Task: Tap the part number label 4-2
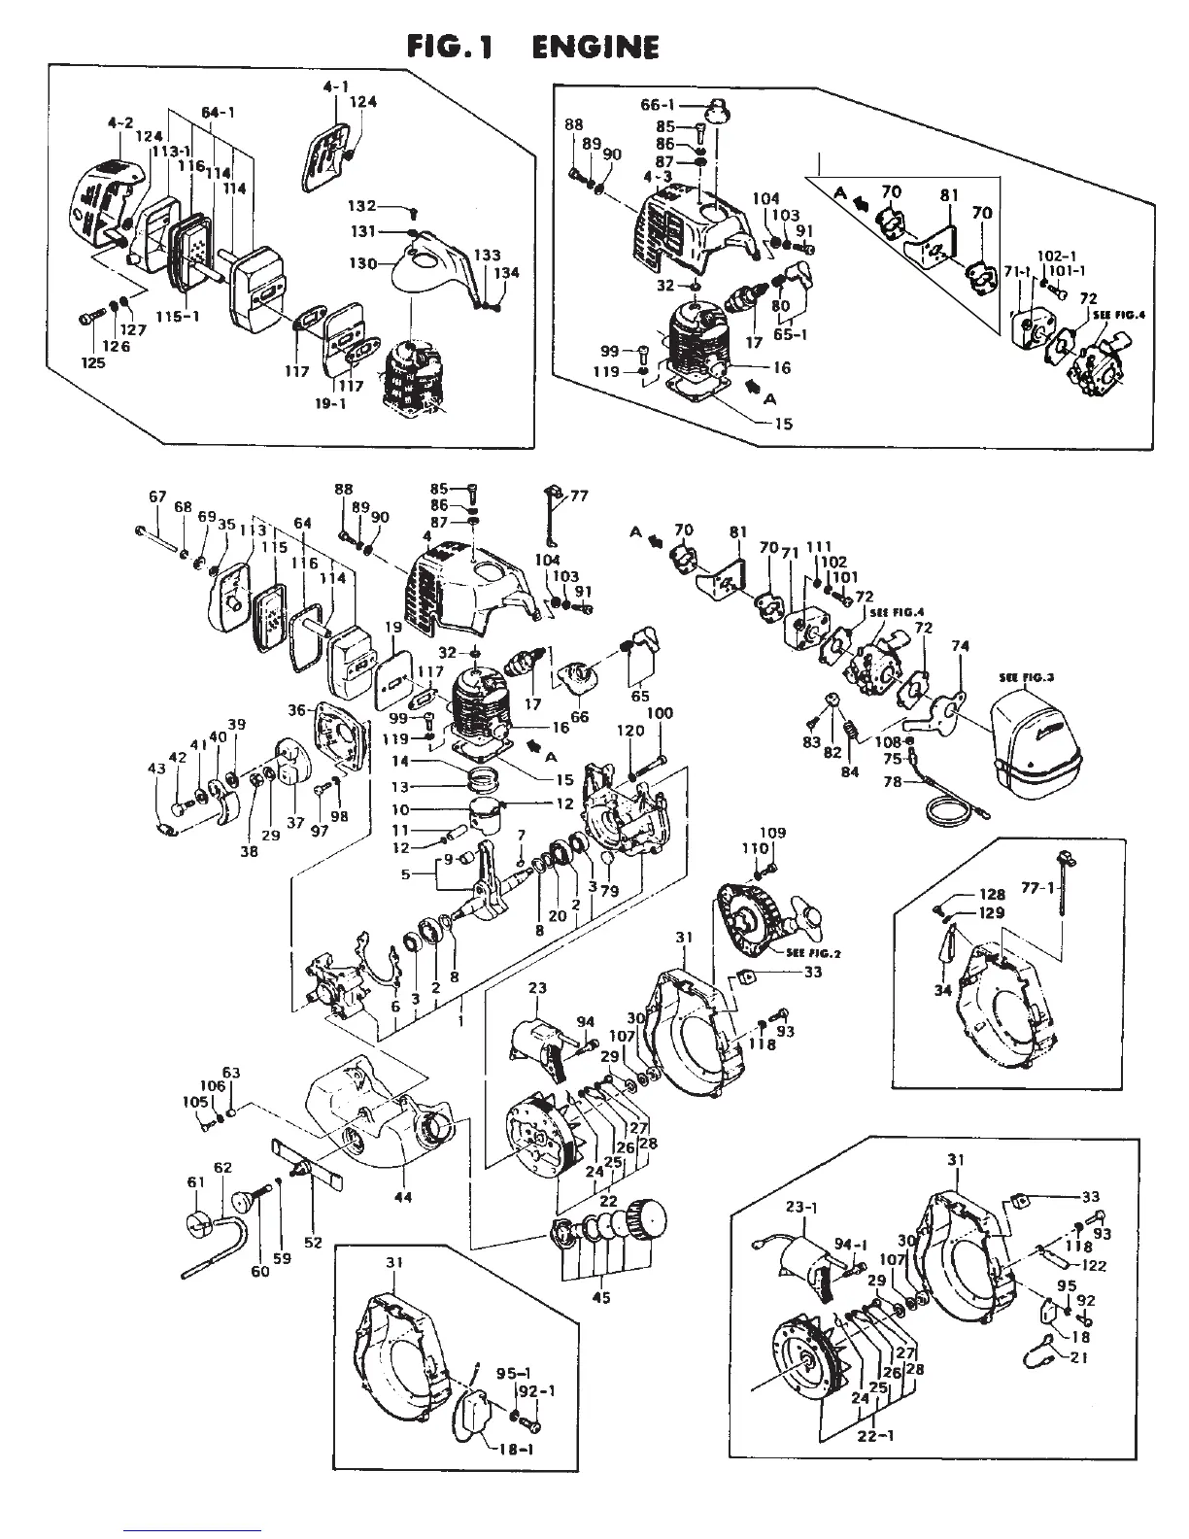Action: click(x=119, y=124)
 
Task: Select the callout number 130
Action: click(x=363, y=263)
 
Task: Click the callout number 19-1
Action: click(x=331, y=403)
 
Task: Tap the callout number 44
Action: click(x=402, y=1197)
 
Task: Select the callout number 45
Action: click(x=601, y=1297)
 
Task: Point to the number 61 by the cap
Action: click(x=196, y=1182)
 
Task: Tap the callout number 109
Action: click(x=772, y=833)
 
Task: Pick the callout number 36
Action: click(x=296, y=710)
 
